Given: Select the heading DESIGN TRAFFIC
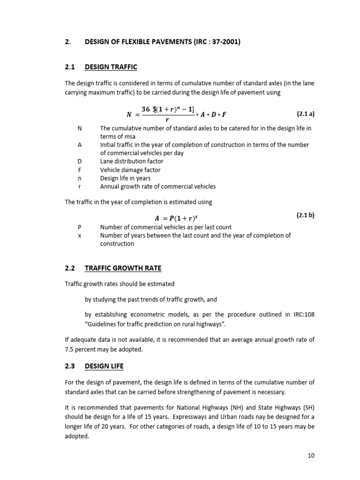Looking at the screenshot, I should [111, 67].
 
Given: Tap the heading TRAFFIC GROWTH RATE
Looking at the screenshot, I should [123, 268].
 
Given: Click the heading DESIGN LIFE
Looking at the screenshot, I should [104, 366].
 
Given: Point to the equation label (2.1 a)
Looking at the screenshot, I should [306, 114].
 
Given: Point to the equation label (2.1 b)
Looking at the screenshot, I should [306, 216].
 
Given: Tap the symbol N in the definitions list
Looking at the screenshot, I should [79, 128].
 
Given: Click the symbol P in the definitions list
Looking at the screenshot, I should [79, 227].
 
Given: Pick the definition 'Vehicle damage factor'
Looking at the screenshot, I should [130, 170].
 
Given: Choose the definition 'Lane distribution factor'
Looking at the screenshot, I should [132, 161].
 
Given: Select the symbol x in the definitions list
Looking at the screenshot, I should [79, 235].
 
